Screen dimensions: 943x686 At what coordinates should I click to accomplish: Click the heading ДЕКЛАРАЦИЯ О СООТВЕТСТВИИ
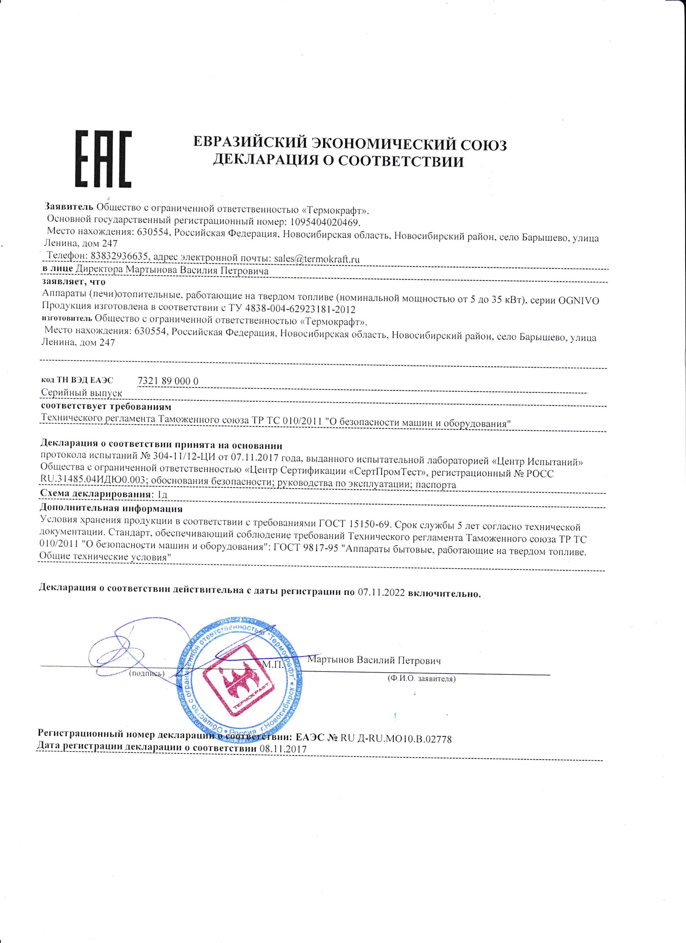(337, 161)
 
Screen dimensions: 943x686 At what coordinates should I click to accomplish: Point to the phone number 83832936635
(119, 256)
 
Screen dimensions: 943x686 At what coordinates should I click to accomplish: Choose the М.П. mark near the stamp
(273, 665)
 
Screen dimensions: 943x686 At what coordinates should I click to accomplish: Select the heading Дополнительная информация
(111, 508)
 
